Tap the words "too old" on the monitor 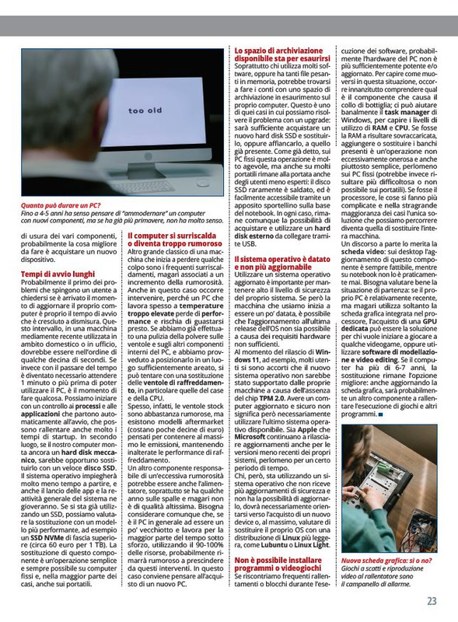pyautogui.click(x=145, y=111)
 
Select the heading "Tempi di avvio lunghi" pyautogui.click(x=58, y=274)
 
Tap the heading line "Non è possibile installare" pyautogui.click(x=278, y=559)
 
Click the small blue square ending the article pyautogui.click(x=380, y=414)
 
